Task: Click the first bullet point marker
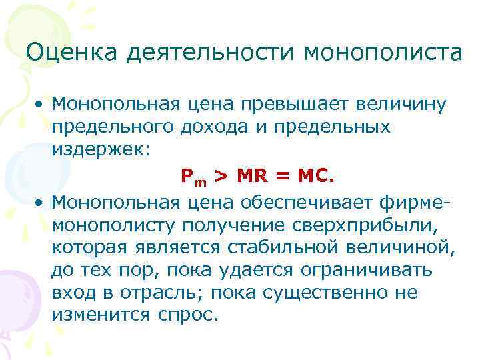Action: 41,105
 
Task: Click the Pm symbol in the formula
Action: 192,177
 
